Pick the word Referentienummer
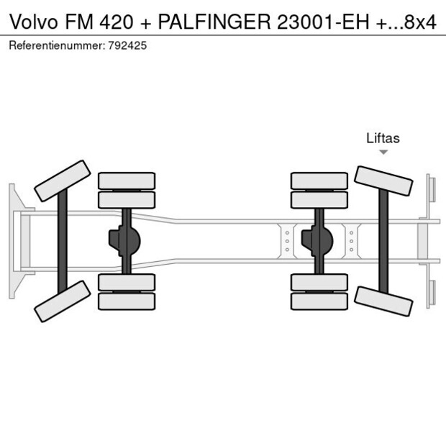click(x=56, y=45)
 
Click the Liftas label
click(x=383, y=139)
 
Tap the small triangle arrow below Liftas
click(x=383, y=153)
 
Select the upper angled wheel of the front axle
click(x=62, y=181)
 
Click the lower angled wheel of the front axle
click(x=62, y=301)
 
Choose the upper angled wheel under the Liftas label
click(x=384, y=181)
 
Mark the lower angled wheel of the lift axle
click(x=384, y=300)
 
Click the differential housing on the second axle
click(x=124, y=241)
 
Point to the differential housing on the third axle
click(x=317, y=241)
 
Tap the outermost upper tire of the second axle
click(x=127, y=181)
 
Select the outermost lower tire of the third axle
click(x=319, y=301)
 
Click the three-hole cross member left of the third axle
click(x=287, y=241)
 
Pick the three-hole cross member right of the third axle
click(x=351, y=241)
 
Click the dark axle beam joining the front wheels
click(x=63, y=241)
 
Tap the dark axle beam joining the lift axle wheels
click(x=383, y=241)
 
